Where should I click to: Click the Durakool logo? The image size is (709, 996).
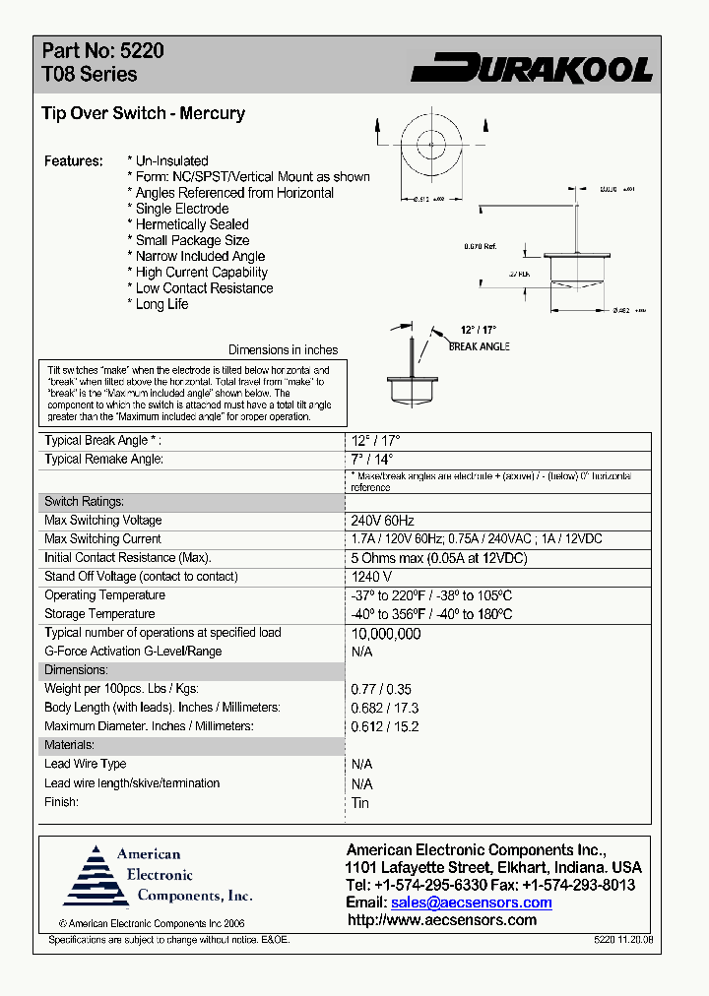pos(532,68)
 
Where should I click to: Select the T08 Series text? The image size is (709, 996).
pos(90,75)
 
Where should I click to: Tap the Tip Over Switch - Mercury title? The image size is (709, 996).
pos(143,113)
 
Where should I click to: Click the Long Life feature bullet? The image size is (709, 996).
pos(161,304)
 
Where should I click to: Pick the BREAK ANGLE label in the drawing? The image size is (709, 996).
pos(479,346)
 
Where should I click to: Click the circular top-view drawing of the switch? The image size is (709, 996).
pos(430,145)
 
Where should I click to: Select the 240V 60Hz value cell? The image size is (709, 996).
pos(383,521)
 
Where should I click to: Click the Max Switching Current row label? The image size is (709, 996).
pos(102,539)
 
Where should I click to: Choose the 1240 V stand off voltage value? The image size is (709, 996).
pos(372,577)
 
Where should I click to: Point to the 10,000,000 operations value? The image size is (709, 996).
pos(386,634)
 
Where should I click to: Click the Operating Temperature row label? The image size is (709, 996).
pos(104,595)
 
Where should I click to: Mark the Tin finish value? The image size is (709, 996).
pos(360,803)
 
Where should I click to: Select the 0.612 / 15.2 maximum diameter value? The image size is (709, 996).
pos(385,726)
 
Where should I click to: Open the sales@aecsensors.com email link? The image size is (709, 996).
pos(471,903)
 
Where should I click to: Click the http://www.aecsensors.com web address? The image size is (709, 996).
pos(442,920)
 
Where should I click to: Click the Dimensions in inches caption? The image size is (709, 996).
pos(283,350)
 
